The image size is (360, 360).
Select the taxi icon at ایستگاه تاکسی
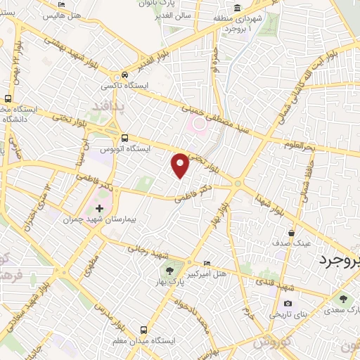point(124,75)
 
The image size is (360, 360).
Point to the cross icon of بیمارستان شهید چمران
point(99,208)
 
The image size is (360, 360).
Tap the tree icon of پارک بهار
point(169,269)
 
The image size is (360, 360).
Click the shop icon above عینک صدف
point(292,233)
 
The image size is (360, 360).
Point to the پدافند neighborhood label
point(110,105)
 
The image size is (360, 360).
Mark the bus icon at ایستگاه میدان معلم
point(143,329)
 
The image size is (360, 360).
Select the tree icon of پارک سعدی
point(343,299)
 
